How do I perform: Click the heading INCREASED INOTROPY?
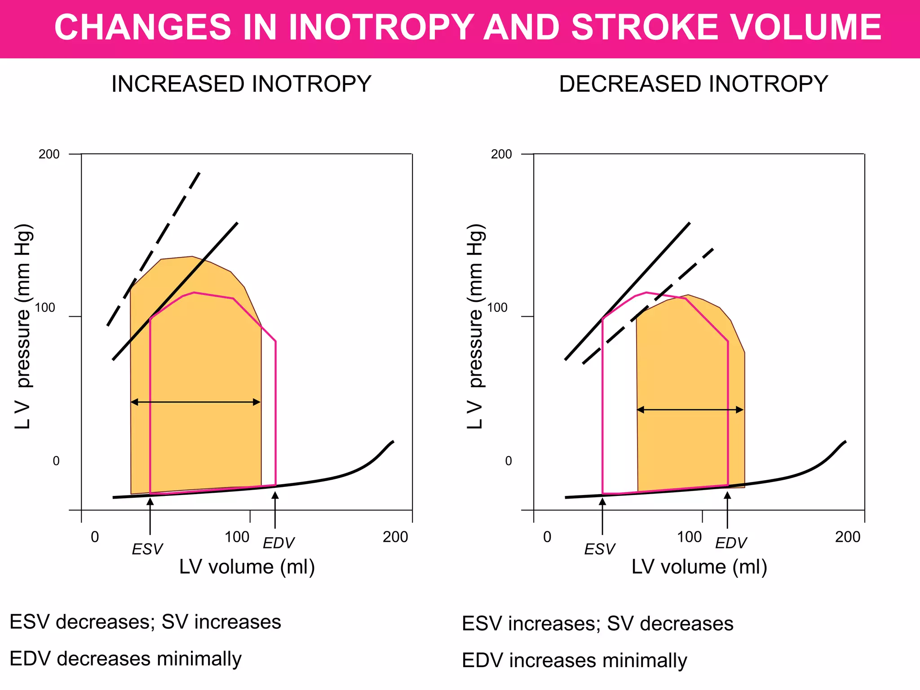click(241, 84)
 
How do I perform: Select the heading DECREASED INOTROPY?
click(693, 84)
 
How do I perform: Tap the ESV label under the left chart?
click(147, 549)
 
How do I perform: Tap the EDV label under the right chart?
click(730, 543)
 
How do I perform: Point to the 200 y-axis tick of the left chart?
click(49, 154)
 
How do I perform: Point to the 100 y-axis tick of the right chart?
click(497, 308)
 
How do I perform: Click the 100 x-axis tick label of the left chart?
click(237, 537)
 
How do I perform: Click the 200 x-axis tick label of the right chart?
click(847, 537)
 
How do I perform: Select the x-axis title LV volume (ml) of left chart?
click(247, 567)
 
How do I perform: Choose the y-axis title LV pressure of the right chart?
click(476, 326)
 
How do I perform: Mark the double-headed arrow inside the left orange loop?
click(195, 402)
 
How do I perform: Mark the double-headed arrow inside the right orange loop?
click(690, 410)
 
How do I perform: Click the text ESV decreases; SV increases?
click(145, 622)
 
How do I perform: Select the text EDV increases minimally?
click(574, 660)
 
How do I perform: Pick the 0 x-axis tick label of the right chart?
click(547, 537)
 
